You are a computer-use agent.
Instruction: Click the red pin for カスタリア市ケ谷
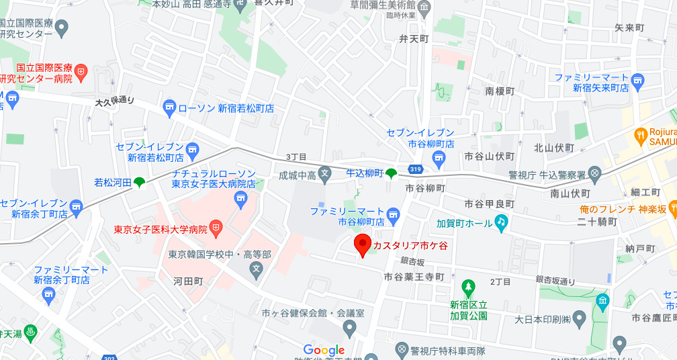pyautogui.click(x=363, y=244)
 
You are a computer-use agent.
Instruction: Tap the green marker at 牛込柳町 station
pyautogui.click(x=390, y=174)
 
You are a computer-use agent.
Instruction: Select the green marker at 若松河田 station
pyautogui.click(x=139, y=182)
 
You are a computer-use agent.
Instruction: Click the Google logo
pyautogui.click(x=324, y=350)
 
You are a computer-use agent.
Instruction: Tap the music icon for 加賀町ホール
pyautogui.click(x=501, y=222)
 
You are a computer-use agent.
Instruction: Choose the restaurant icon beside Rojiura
pyautogui.click(x=640, y=135)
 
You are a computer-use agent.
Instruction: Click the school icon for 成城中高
pyautogui.click(x=325, y=175)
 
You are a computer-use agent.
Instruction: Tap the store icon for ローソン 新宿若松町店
pyautogui.click(x=169, y=107)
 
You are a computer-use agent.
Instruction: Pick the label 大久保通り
pyautogui.click(x=115, y=101)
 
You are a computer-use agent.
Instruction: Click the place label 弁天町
pyautogui.click(x=414, y=39)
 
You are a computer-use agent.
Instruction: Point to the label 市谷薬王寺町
pyautogui.click(x=414, y=277)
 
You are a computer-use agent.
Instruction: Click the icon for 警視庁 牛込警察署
pyautogui.click(x=593, y=173)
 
